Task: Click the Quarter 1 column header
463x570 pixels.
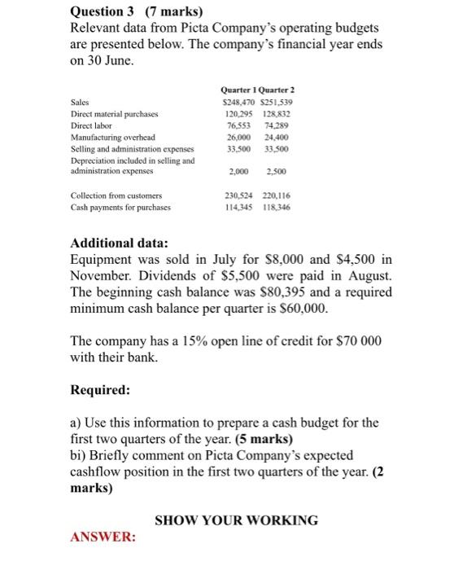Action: pyautogui.click(x=238, y=90)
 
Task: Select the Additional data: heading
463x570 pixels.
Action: pyautogui.click(x=120, y=243)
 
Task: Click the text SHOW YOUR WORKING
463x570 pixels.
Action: pyautogui.click(x=237, y=520)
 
